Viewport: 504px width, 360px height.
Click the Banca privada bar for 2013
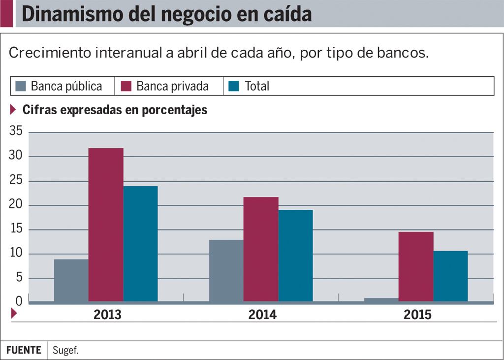coord(106,225)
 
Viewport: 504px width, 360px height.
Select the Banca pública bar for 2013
coord(71,280)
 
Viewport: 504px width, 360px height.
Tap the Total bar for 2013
coord(141,243)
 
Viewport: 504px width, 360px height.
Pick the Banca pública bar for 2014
coord(226,270)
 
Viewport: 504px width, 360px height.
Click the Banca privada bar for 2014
coord(261,249)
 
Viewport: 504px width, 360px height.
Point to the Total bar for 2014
coord(295,256)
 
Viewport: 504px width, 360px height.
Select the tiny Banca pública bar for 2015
coord(381,299)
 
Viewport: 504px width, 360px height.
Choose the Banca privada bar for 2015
coord(416,266)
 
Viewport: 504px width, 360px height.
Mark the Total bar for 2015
coord(450,276)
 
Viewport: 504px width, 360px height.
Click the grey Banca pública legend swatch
coord(20,86)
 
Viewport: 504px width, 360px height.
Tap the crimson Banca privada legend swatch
coord(126,86)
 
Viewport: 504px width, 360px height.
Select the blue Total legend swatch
coord(234,86)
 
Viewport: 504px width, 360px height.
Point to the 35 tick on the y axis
coord(16,131)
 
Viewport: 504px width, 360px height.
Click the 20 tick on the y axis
coord(16,205)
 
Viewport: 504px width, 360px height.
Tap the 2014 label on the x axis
coord(262,315)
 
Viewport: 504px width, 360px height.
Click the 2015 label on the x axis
coord(417,315)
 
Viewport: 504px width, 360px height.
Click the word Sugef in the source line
coord(65,351)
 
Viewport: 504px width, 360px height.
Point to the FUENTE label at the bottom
coord(24,351)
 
